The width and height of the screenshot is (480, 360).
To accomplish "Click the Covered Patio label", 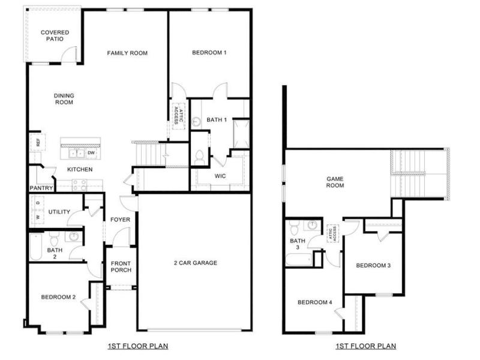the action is click(55, 35).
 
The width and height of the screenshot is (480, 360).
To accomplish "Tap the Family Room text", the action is click(127, 53).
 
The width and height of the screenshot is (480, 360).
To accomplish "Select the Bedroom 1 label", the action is click(209, 53).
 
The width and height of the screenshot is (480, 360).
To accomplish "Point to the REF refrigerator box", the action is click(38, 142).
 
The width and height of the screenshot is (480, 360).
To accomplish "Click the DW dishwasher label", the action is click(91, 153).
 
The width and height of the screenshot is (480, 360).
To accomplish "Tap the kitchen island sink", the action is click(77, 153).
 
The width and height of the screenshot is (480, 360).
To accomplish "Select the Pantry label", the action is click(41, 188).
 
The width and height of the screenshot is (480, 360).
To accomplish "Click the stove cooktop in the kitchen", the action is click(80, 185).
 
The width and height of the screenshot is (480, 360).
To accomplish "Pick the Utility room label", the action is click(59, 212).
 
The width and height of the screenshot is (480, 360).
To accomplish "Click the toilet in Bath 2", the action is click(55, 238).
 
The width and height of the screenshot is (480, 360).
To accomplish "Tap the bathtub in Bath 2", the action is click(36, 247).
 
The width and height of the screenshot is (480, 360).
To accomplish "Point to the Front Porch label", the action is click(121, 266).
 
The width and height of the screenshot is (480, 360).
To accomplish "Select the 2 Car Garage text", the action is click(196, 263).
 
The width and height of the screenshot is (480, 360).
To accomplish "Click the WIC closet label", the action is click(220, 176).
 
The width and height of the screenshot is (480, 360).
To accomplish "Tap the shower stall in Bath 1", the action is click(242, 134).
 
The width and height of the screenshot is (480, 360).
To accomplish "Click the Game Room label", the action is click(335, 182).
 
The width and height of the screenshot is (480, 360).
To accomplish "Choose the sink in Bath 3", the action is click(312, 226).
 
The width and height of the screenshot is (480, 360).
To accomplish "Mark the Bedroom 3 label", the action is click(373, 265).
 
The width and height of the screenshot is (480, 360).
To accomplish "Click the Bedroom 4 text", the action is click(314, 302).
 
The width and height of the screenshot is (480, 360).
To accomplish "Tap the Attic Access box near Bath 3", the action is click(332, 233).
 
